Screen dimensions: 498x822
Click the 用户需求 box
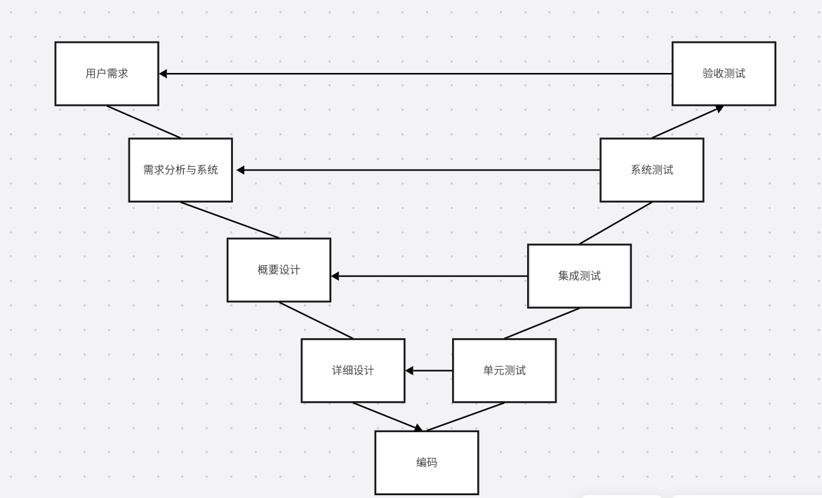pyautogui.click(x=107, y=74)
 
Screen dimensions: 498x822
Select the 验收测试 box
pyautogui.click(x=724, y=74)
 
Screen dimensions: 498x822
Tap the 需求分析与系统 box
pyautogui.click(x=180, y=170)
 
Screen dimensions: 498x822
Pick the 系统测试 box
pyautogui.click(x=651, y=170)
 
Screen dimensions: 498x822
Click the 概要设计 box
pyautogui.click(x=279, y=270)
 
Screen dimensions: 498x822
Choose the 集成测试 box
pyautogui.click(x=579, y=276)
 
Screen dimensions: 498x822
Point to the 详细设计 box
pyautogui.click(x=353, y=370)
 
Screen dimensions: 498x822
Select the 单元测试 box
pyautogui.click(x=504, y=370)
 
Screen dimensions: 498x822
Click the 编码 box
pyautogui.click(x=426, y=462)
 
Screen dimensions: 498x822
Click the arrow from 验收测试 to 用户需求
pyautogui.click(x=414, y=74)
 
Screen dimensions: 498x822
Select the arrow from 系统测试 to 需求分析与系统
pyautogui.click(x=418, y=170)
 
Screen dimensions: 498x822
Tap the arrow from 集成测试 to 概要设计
pyautogui.click(x=428, y=276)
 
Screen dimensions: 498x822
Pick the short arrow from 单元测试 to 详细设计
pyautogui.click(x=429, y=370)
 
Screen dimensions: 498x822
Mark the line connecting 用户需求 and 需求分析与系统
pyautogui.click(x=144, y=122)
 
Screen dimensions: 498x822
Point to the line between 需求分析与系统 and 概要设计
pyautogui.click(x=230, y=220)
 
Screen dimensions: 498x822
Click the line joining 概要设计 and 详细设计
pyautogui.click(x=316, y=320)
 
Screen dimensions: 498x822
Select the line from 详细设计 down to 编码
pyautogui.click(x=387, y=416)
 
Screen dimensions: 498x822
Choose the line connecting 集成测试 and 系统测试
pyautogui.click(x=616, y=223)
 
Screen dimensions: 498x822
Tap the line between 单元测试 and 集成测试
pyautogui.click(x=542, y=323)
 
